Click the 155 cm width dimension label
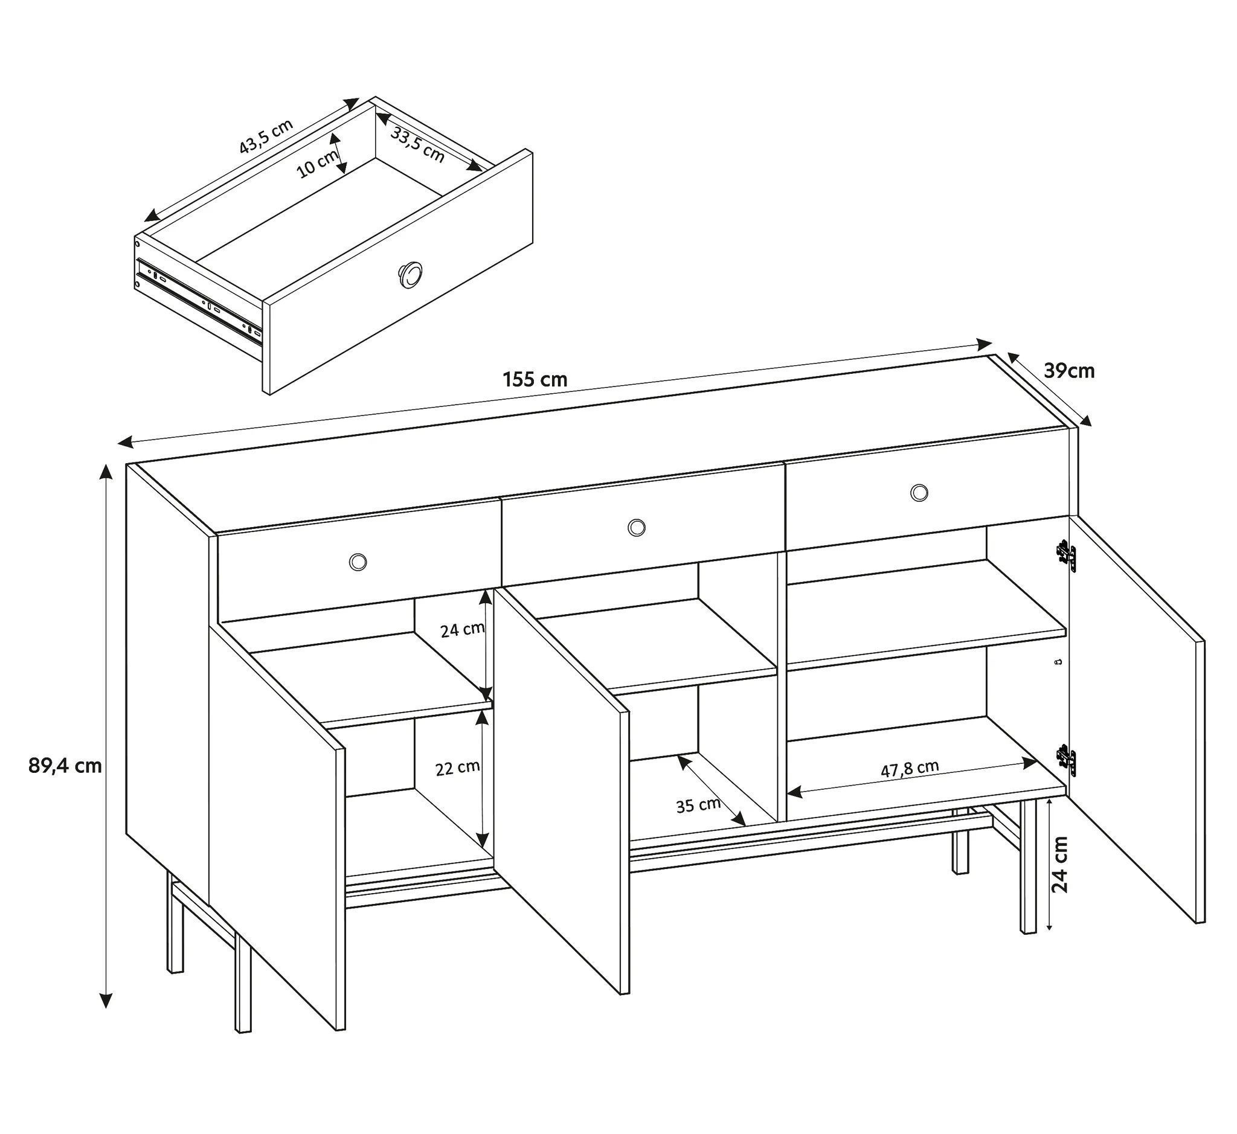[x=535, y=380]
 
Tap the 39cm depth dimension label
[x=1069, y=371]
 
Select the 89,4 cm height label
[x=65, y=765]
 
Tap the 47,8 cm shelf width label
[x=910, y=768]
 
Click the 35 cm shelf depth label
[x=698, y=805]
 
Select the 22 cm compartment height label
[x=457, y=768]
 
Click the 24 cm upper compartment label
[x=462, y=630]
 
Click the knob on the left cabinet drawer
[x=358, y=561]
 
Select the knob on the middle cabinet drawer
[x=637, y=527]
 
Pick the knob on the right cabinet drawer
[x=919, y=492]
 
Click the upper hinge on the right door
[x=1065, y=556]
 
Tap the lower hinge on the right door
[x=1065, y=760]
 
